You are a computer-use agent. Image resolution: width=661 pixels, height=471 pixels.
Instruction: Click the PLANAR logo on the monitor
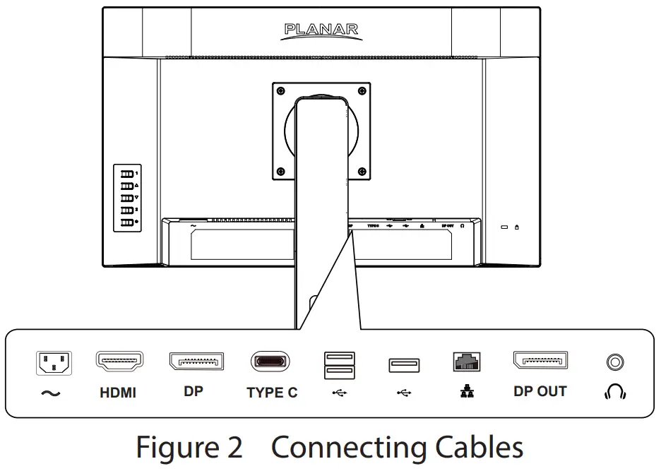pos(321,30)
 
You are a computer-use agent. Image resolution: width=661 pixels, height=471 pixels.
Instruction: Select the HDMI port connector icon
pos(119,362)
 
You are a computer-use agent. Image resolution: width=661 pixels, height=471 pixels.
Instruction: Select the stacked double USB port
pos(339,365)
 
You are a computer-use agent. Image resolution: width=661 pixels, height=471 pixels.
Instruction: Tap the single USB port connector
pos(403,365)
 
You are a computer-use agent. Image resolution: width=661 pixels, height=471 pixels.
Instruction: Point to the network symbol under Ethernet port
pos(467,392)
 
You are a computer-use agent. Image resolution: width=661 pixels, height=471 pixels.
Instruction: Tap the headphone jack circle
pos(615,363)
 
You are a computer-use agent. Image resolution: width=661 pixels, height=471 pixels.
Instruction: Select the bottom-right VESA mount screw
pos(362,170)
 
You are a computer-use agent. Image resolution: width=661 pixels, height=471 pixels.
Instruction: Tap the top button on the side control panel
pos(126,173)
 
